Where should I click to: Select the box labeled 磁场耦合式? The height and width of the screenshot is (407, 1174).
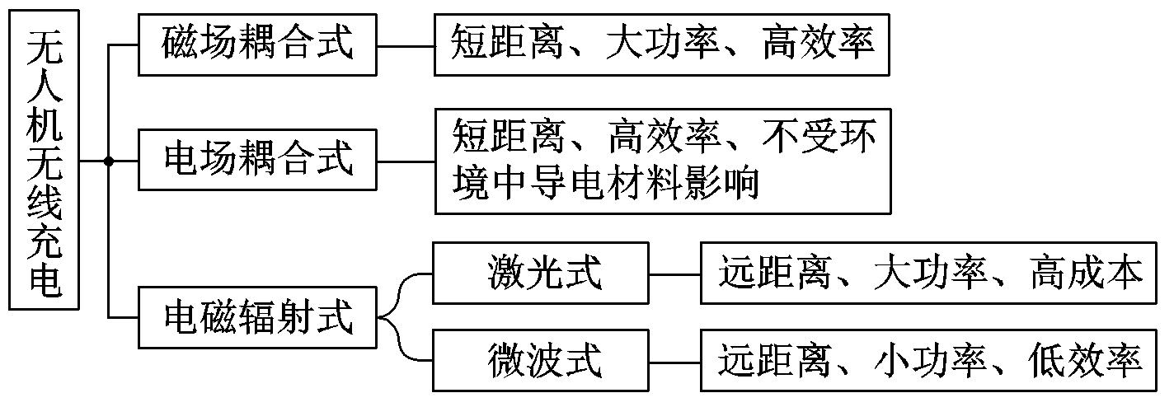click(258, 44)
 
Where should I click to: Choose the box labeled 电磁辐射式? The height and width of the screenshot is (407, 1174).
click(258, 317)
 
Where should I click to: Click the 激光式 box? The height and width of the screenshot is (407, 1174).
click(542, 273)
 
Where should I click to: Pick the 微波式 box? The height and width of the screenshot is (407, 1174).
click(542, 361)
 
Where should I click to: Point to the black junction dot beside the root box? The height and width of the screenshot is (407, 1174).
click(109, 161)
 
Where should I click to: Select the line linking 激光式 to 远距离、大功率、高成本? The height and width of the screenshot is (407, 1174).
click(674, 273)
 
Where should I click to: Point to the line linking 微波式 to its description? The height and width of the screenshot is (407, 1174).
click(674, 361)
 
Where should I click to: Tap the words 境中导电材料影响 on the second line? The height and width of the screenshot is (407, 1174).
click(606, 185)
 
